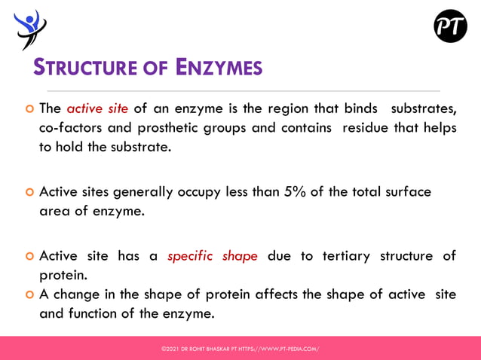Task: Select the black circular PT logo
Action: [450, 26]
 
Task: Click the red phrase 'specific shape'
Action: [213, 255]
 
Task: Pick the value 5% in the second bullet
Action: [294, 191]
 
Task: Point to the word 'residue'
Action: [366, 127]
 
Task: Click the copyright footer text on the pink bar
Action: [240, 349]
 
